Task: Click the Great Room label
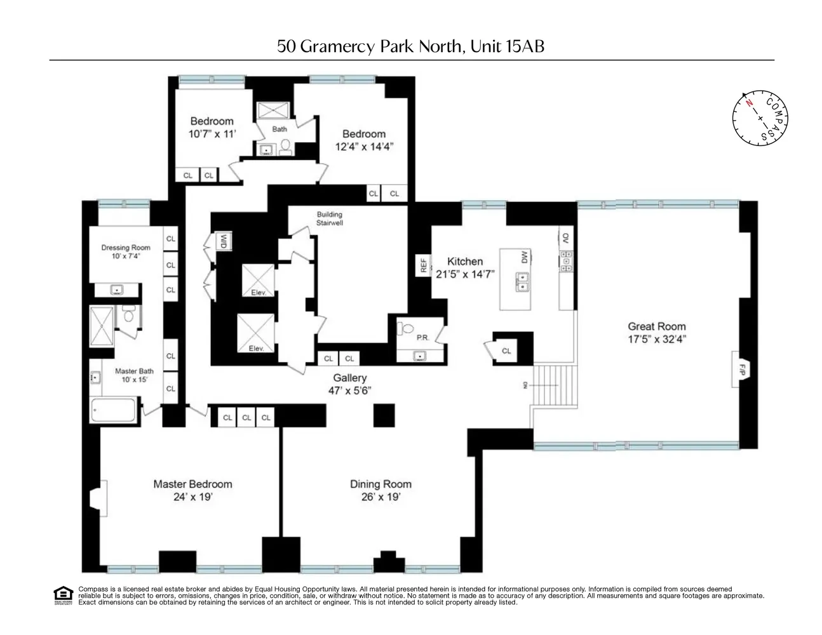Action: (x=656, y=326)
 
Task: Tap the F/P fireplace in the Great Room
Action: (x=741, y=369)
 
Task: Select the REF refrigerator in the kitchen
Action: (x=423, y=265)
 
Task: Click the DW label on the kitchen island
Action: (x=524, y=257)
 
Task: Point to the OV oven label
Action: (x=565, y=238)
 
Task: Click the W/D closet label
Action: (x=224, y=241)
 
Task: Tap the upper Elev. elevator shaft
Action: (x=258, y=280)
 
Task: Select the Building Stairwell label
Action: (x=329, y=218)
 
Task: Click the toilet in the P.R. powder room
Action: (x=406, y=329)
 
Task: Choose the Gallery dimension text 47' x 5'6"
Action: (x=349, y=391)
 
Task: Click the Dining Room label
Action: (x=381, y=484)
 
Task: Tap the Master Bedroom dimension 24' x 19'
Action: (x=192, y=497)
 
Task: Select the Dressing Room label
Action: (x=126, y=248)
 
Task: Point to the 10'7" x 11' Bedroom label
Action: (x=212, y=134)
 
